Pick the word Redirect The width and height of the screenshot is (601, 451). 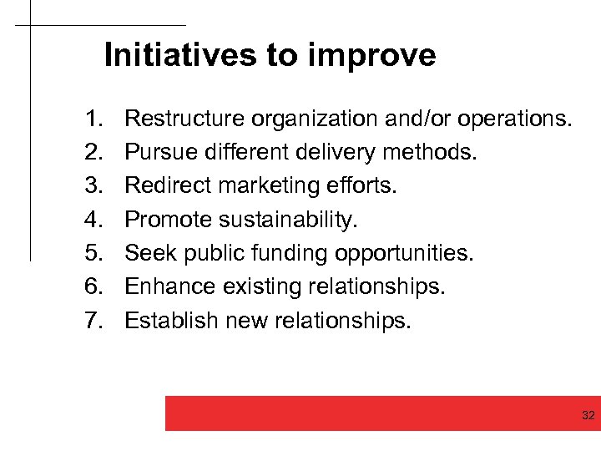click(164, 186)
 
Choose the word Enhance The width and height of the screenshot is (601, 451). click(169, 286)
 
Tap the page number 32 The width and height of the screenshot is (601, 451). click(588, 415)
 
